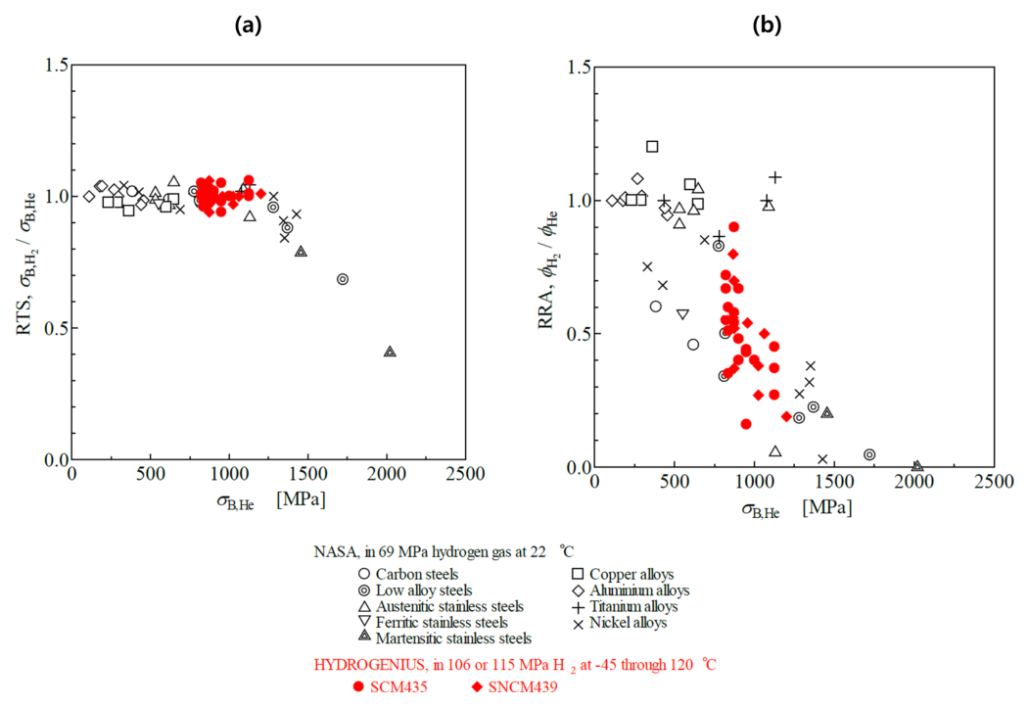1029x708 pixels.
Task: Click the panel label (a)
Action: point(248,26)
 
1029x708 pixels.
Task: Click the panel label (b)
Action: point(766,26)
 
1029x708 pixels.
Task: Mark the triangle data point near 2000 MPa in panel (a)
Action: point(390,351)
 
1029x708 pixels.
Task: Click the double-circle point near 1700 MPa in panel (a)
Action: point(343,279)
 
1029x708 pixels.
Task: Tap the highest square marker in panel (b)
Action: point(652,147)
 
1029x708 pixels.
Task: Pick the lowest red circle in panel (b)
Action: point(746,424)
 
